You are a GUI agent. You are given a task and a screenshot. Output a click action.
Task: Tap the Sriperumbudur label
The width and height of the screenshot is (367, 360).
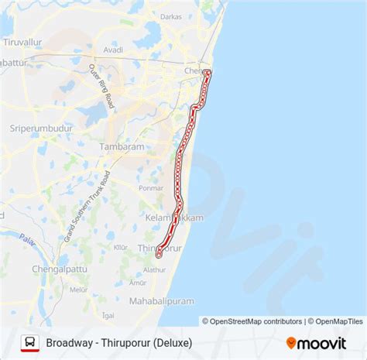coord(40,129)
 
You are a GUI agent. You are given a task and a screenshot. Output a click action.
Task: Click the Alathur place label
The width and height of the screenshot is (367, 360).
coord(155,270)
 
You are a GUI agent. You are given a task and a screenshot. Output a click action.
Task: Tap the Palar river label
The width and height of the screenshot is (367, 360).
coord(28,239)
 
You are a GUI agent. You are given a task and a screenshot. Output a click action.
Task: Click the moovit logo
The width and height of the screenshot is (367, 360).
coord(318,342)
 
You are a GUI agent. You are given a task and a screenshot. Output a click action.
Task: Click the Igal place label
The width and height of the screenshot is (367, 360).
coord(108,315)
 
